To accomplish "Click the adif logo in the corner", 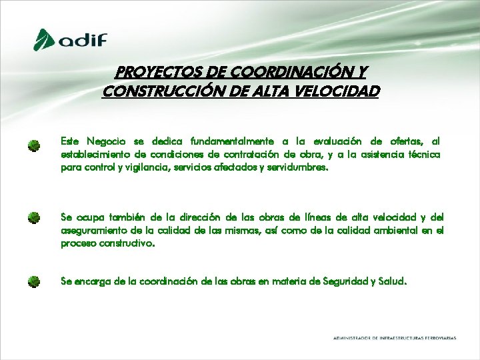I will [71, 39].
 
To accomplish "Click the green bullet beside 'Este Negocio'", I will [34, 145].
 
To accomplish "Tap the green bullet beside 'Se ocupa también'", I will [34, 218].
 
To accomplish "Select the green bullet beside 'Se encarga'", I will [34, 281].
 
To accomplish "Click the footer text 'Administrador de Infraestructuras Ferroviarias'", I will [395, 339].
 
